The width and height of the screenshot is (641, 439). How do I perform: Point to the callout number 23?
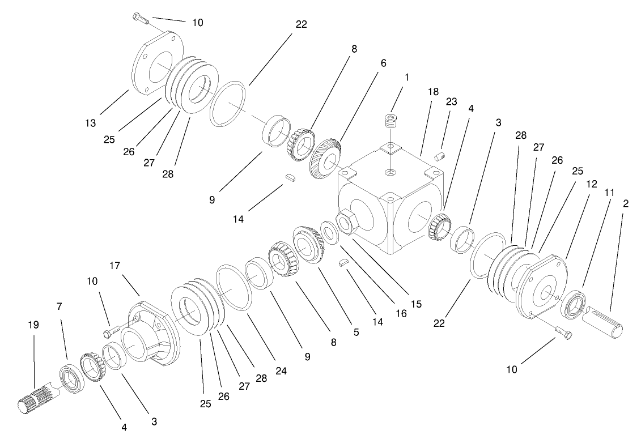(x=451, y=101)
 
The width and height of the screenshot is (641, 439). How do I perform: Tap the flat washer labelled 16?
(x=328, y=232)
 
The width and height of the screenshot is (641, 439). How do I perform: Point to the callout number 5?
(x=356, y=333)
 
